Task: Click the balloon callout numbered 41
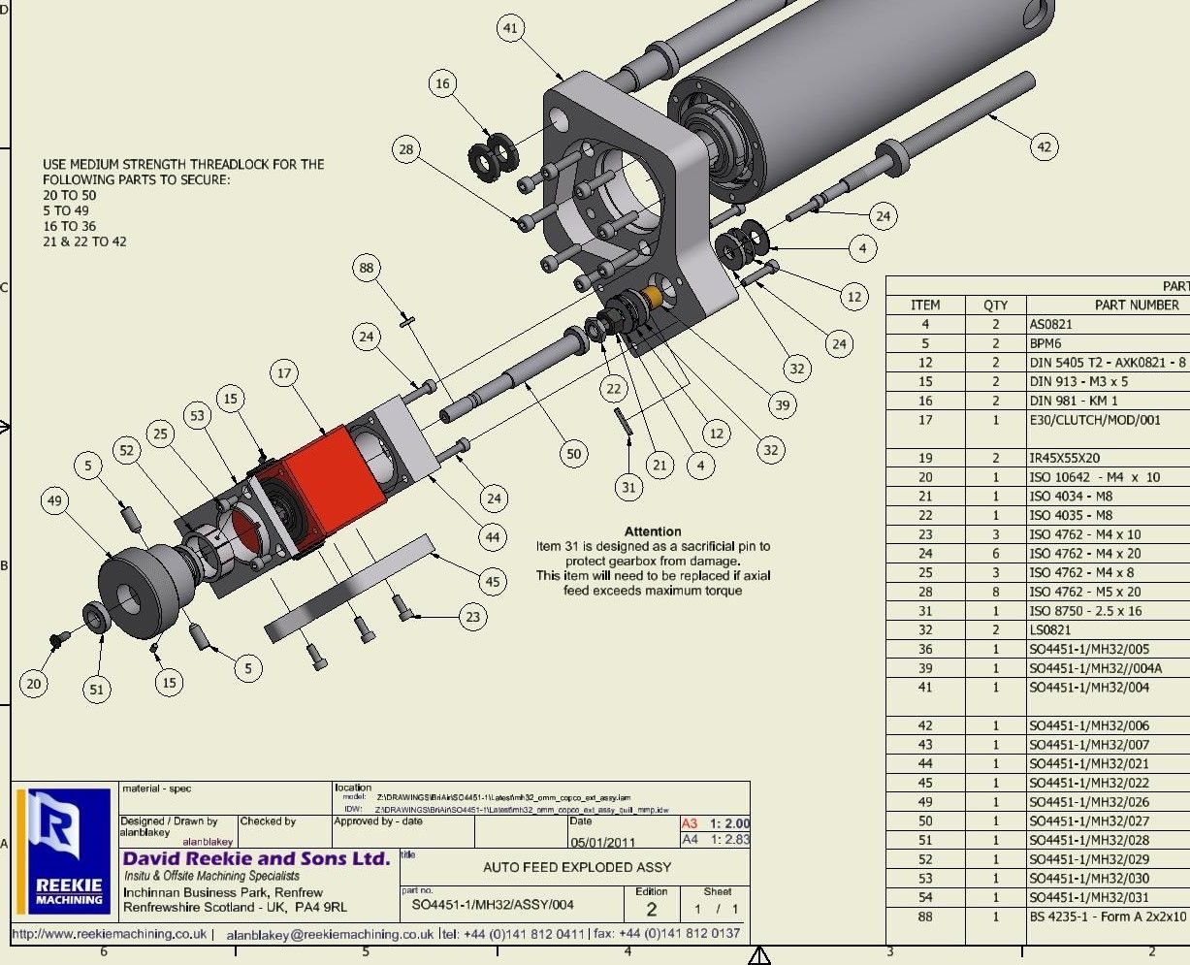click(x=511, y=29)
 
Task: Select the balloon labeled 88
click(x=367, y=269)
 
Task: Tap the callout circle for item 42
click(x=1044, y=147)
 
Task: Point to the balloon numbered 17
click(x=284, y=372)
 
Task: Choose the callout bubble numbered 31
click(x=628, y=487)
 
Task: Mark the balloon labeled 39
click(x=782, y=404)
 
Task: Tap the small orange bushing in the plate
click(x=653, y=296)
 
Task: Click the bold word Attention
click(x=653, y=531)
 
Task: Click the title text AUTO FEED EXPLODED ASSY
click(x=577, y=867)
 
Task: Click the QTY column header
click(x=995, y=305)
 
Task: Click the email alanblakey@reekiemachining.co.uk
click(x=330, y=935)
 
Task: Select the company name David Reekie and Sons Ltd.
click(x=256, y=858)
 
